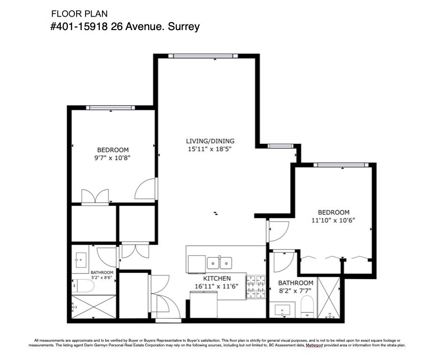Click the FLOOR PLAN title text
(79, 14)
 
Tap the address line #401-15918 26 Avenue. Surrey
(125, 27)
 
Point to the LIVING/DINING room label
(210, 141)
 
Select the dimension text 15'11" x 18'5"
(210, 149)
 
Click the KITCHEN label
(217, 278)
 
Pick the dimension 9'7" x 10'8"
(112, 158)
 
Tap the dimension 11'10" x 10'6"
(333, 220)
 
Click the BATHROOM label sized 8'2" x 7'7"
(295, 283)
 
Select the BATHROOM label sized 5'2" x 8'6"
(102, 273)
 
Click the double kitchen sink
(220, 263)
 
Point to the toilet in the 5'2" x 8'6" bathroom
(83, 286)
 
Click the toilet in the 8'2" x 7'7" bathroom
(307, 306)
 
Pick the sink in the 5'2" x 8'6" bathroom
(81, 260)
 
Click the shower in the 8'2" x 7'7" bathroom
(329, 297)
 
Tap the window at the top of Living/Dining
(203, 56)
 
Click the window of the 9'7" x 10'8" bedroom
(110, 108)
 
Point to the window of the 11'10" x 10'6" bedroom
(341, 165)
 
